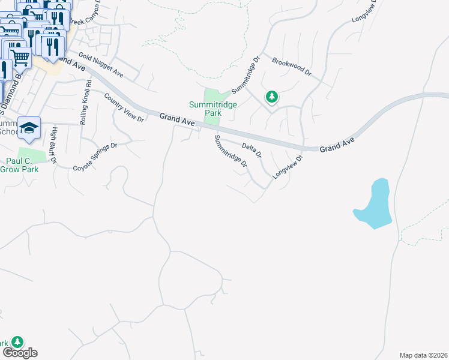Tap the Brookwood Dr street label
pos(292,66)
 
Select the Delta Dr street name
pos(252,150)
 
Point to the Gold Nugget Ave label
pos(100,67)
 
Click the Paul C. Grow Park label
pos(23,165)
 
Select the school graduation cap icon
pos(29,127)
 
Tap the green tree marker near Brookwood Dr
pos(272,96)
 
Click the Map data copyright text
pos(424,355)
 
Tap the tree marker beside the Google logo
pos(17,341)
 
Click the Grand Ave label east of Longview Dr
pos(337,145)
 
